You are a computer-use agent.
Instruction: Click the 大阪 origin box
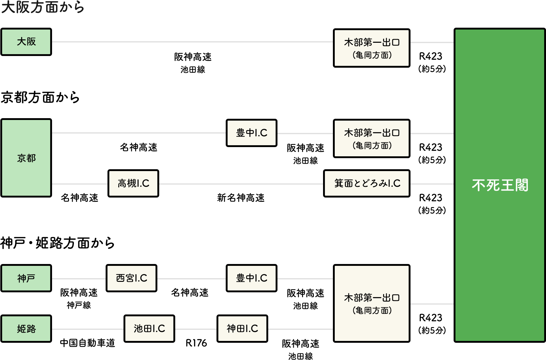(26, 42)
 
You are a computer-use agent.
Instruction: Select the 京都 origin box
(26, 158)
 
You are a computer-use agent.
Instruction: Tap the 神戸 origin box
(26, 278)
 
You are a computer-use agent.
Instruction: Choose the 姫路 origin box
(26, 329)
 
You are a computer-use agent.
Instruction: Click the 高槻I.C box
(133, 183)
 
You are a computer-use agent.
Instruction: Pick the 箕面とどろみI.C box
(367, 183)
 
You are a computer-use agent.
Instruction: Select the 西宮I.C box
(131, 278)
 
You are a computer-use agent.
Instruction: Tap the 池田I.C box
(149, 329)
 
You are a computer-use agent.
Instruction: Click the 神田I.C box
(242, 329)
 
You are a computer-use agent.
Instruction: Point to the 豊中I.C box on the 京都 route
(252, 133)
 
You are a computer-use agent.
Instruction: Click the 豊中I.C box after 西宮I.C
(252, 278)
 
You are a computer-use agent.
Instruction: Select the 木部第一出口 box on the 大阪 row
(372, 48)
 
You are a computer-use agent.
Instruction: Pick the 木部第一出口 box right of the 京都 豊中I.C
(372, 138)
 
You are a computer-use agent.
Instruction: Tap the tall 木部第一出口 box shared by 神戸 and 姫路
(372, 303)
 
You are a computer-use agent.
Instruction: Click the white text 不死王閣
(500, 185)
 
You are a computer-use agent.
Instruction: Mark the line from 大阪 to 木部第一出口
(192, 42)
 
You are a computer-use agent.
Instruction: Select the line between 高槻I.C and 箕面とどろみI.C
(241, 184)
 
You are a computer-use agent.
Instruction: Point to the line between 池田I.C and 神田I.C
(196, 329)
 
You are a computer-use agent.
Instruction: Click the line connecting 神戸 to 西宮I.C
(79, 279)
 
